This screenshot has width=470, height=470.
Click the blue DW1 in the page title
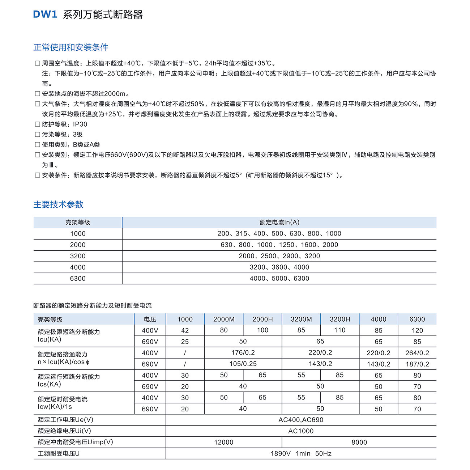click(45, 14)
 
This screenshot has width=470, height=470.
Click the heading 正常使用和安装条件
click(71, 47)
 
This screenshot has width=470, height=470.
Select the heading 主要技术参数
click(58, 204)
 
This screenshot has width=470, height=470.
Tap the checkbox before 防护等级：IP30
click(37, 124)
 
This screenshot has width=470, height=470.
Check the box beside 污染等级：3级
click(37, 134)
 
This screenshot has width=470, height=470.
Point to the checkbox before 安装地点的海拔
click(37, 94)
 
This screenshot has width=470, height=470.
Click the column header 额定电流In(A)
click(279, 223)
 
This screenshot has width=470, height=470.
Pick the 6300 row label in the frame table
click(78, 279)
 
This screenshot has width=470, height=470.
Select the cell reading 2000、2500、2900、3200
click(279, 256)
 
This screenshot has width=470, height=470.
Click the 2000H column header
click(262, 319)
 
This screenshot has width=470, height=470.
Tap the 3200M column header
click(301, 319)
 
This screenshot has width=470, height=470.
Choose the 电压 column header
click(150, 319)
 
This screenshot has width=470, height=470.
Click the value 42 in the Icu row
click(185, 330)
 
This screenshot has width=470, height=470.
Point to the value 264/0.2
click(417, 353)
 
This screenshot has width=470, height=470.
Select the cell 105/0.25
click(243, 364)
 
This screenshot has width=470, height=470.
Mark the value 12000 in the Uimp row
click(223, 442)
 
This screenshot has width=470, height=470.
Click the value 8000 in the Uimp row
click(359, 442)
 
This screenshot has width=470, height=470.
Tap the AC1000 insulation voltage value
click(301, 431)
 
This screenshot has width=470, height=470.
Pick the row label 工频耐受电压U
click(59, 453)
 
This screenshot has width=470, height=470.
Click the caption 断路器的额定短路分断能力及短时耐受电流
click(93, 306)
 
